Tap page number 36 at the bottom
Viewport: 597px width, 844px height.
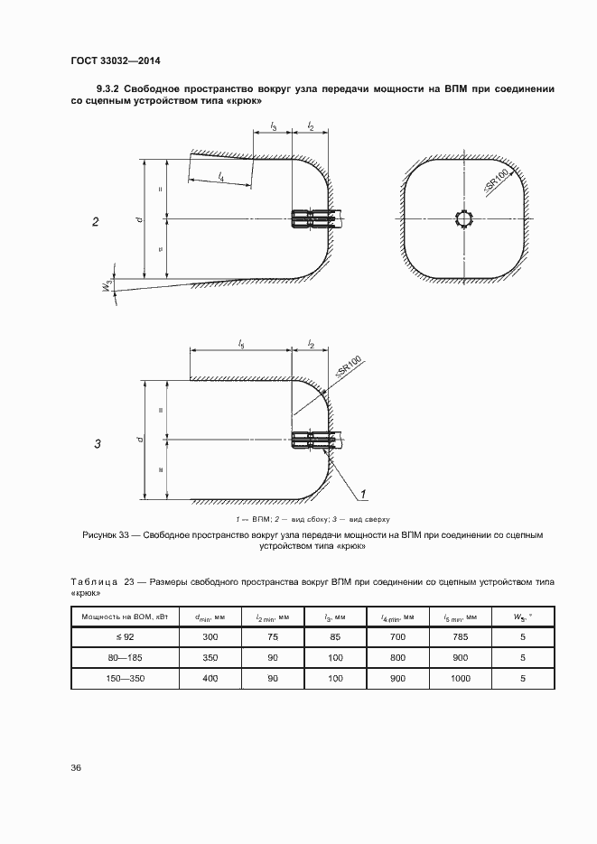pos(76,767)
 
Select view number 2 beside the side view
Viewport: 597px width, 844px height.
pos(95,221)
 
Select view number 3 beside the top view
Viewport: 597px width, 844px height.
pos(97,444)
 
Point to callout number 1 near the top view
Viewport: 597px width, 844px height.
pos(361,492)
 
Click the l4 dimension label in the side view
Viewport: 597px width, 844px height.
pos(222,178)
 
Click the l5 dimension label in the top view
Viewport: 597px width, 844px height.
pos(241,344)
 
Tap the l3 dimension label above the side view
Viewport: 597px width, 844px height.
pos(274,127)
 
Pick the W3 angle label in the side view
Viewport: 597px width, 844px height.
pos(107,286)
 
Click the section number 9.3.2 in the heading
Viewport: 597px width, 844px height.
pos(108,89)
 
